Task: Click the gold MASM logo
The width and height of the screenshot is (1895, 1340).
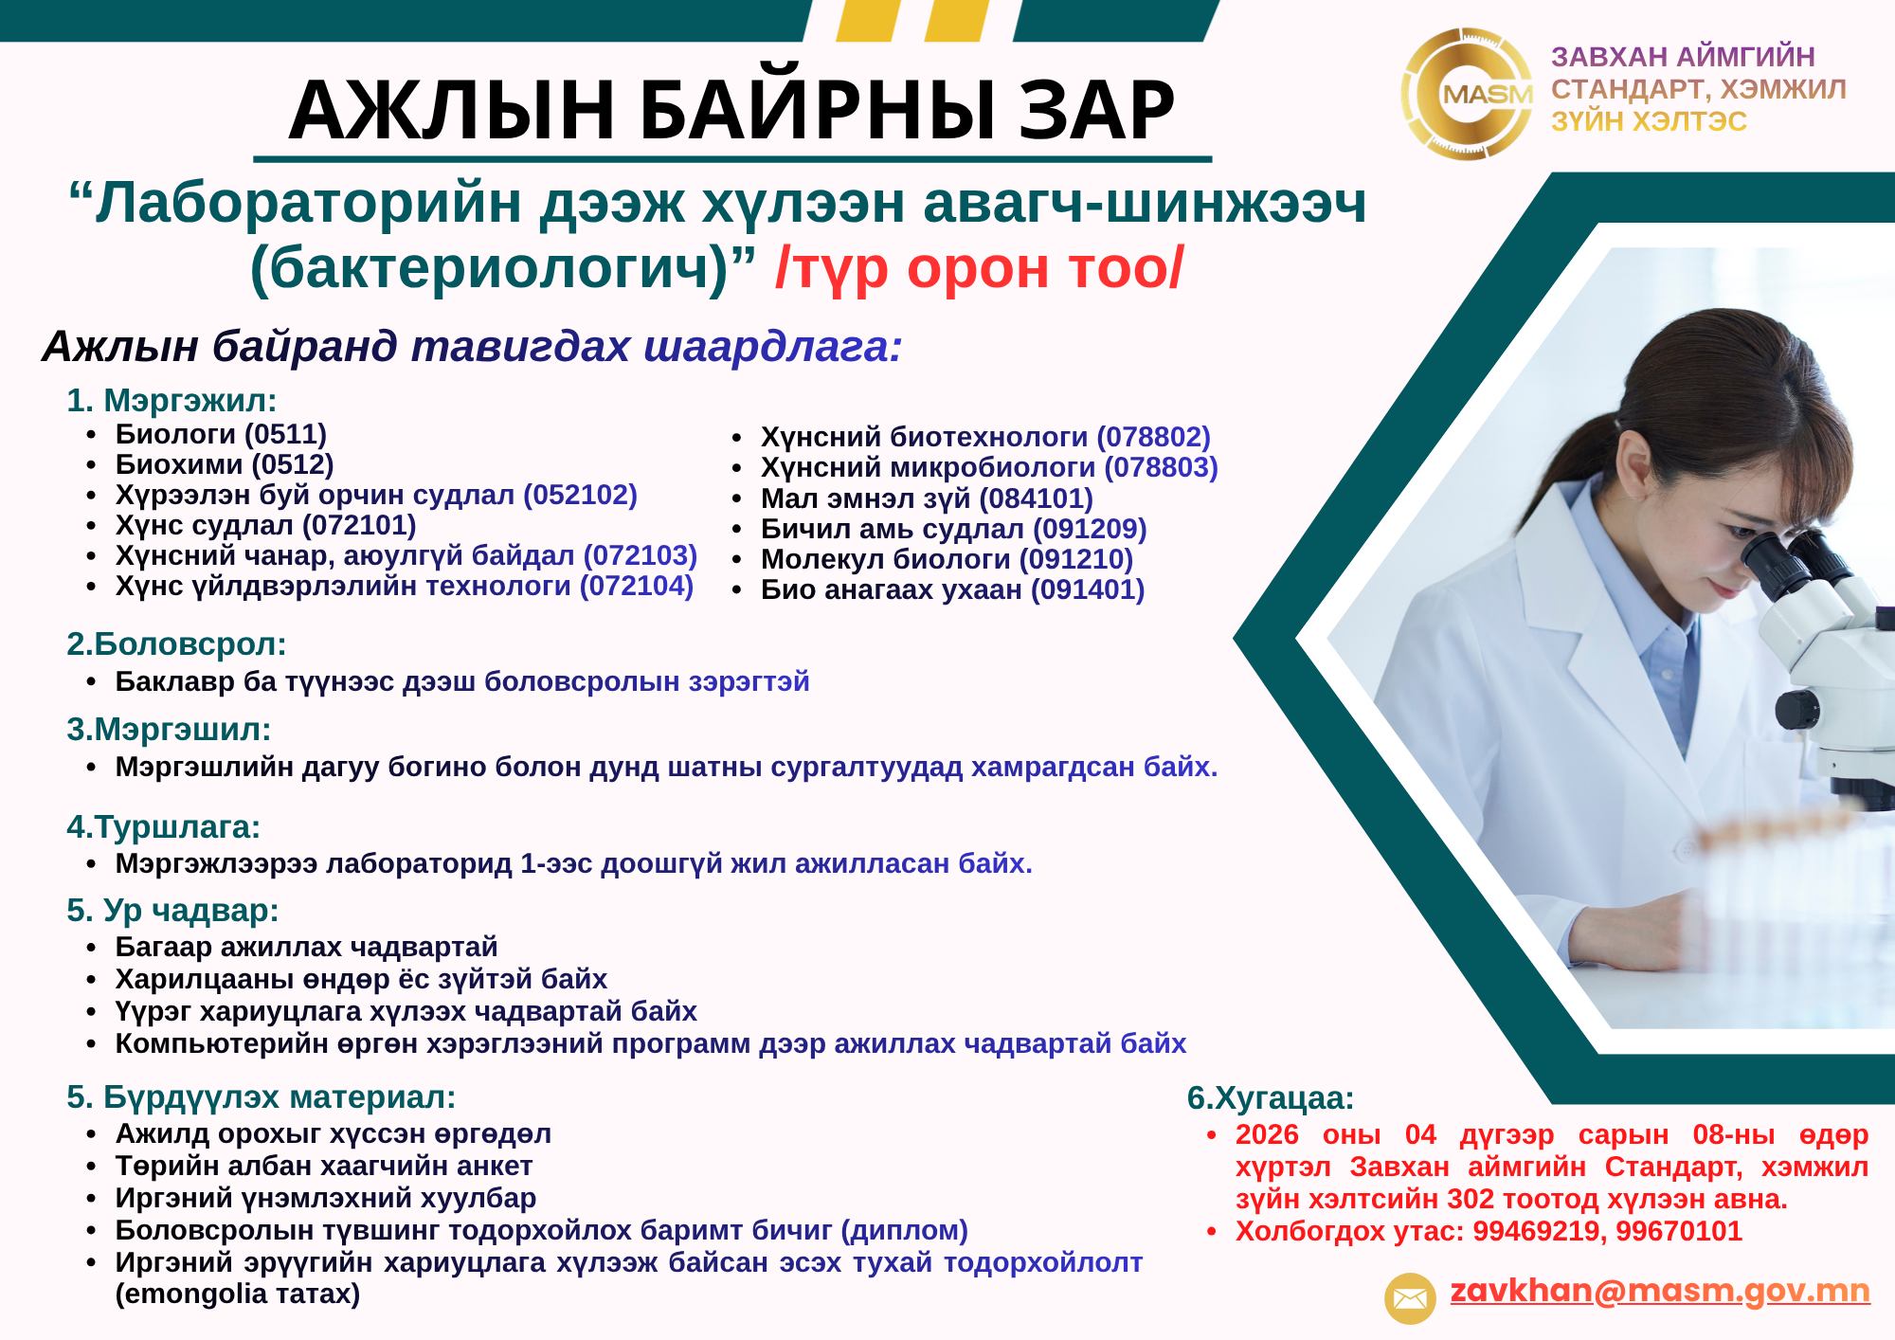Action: pos(1467,93)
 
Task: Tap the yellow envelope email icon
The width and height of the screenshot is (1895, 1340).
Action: pos(1410,1297)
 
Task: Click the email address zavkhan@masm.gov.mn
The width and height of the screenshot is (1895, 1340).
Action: pos(1660,1292)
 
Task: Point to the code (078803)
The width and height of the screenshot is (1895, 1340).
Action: pos(1161,467)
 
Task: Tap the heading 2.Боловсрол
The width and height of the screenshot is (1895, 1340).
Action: pos(176,644)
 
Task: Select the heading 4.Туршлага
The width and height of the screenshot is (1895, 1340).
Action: pos(163,827)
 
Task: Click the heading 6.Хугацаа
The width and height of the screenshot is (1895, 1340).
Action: pos(1270,1099)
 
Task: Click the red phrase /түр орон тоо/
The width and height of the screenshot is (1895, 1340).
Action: pos(979,269)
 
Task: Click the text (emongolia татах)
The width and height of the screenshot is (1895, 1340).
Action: pos(238,1294)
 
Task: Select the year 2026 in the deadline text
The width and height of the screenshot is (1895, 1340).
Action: pos(1267,1134)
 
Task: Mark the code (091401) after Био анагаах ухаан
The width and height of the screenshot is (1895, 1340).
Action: pos(1088,589)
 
